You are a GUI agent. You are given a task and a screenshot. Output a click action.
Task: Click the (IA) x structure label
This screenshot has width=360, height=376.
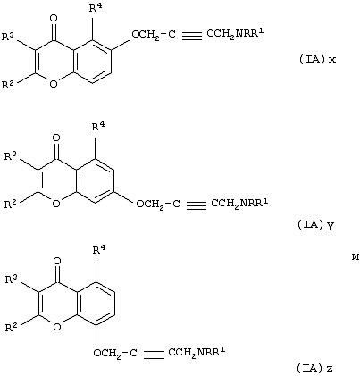coord(317,60)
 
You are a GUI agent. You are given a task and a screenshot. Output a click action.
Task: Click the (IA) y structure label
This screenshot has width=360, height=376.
coord(315,225)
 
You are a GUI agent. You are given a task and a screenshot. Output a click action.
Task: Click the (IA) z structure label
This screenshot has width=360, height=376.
coord(314,369)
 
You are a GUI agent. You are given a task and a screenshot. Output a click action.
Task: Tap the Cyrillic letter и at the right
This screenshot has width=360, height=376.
coord(355,257)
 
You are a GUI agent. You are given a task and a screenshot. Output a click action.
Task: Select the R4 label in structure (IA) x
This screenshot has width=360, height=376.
coord(96,8)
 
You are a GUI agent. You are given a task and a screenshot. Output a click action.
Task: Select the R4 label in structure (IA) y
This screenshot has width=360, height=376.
coord(98,127)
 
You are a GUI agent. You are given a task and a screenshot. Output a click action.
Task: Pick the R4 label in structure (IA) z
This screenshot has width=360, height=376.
coord(100,250)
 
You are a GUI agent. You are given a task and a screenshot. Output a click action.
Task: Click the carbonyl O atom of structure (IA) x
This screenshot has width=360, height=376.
coord(54,19)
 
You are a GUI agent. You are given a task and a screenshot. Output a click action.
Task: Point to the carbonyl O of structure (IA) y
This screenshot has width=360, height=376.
coord(55,138)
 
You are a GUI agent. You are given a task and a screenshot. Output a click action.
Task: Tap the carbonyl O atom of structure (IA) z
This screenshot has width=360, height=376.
coord(57,261)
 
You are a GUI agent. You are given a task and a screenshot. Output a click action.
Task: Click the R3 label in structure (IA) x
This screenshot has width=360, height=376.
coord(8,37)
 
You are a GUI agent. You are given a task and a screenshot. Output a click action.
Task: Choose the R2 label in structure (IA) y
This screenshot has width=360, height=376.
coord(12,204)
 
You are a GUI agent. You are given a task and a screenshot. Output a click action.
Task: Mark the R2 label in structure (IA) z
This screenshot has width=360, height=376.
coord(13,328)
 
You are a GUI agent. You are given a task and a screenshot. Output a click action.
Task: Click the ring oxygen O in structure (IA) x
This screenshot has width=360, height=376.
coord(54,84)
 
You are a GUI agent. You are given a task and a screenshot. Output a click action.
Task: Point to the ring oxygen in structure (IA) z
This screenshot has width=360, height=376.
coord(57,327)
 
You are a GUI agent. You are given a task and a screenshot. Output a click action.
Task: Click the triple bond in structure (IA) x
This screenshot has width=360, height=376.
coord(192,35)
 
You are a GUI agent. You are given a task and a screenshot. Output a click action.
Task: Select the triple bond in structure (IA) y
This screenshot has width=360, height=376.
coord(197,205)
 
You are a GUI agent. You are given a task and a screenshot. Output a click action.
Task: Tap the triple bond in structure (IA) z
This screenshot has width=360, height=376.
coord(154,354)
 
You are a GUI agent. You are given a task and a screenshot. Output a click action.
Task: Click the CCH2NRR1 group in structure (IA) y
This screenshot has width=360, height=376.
coord(239,204)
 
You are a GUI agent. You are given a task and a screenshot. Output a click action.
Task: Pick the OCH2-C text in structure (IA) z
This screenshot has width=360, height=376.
coord(115,354)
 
